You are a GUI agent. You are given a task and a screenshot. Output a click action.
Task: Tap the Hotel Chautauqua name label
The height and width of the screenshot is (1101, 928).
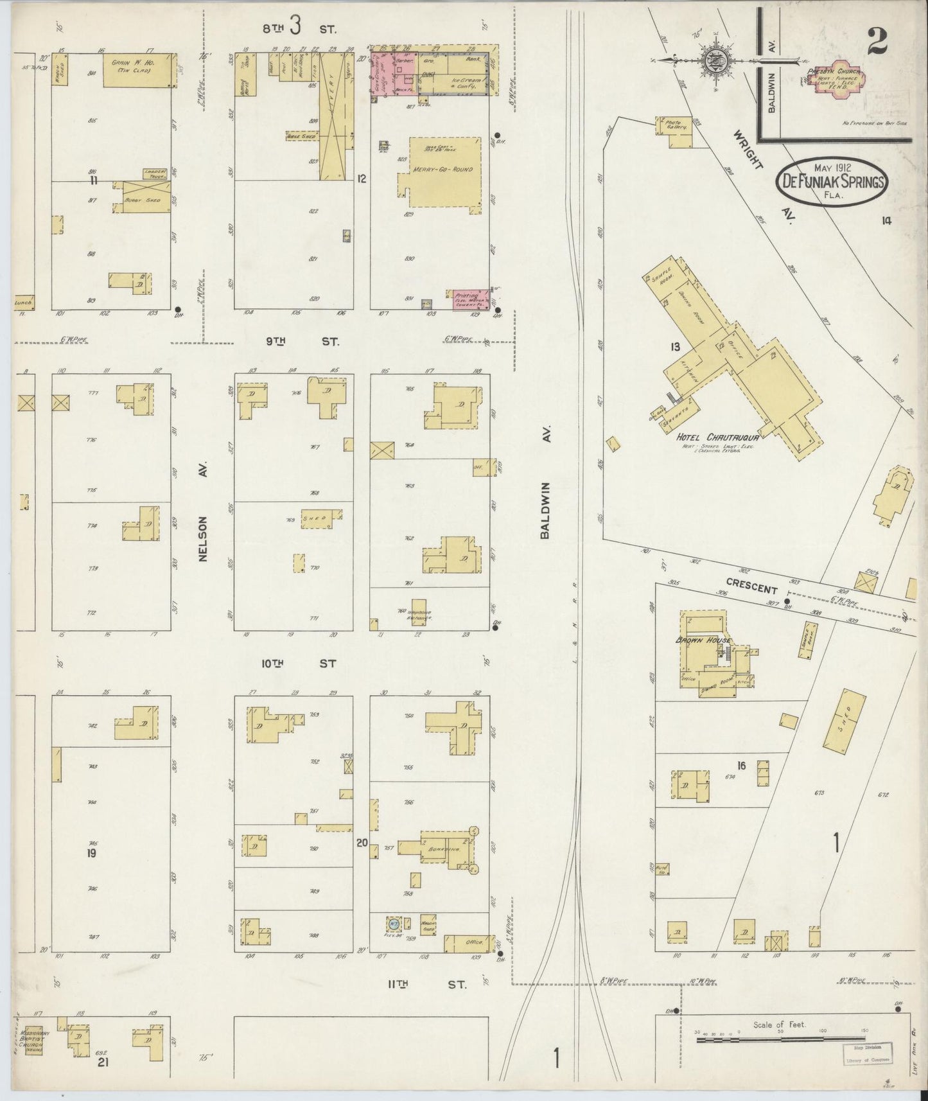tap(718, 438)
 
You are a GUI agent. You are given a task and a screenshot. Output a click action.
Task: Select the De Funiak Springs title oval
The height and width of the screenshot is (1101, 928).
tap(832, 182)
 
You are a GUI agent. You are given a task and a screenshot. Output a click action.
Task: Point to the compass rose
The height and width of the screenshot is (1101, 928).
tap(714, 61)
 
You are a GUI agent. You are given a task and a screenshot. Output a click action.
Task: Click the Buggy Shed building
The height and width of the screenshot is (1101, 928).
tap(143, 199)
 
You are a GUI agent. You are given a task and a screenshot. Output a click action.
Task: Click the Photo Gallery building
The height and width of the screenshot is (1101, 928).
tap(674, 125)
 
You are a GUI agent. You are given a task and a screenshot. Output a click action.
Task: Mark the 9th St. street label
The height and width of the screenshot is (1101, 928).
tap(302, 342)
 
